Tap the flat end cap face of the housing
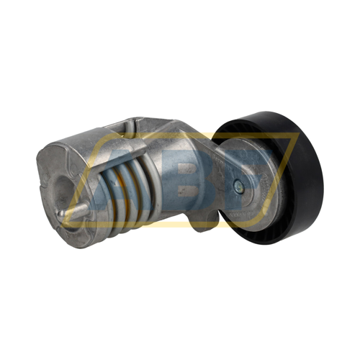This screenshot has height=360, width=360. click(x=61, y=187)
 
